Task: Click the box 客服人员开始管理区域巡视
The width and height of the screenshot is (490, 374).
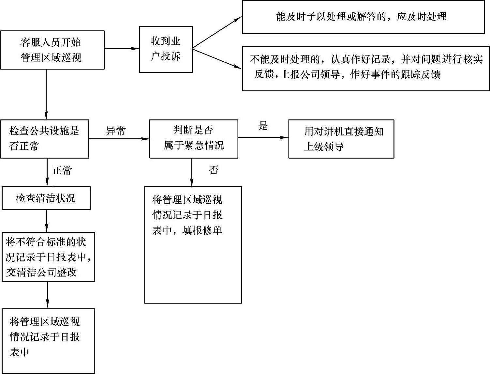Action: (52, 50)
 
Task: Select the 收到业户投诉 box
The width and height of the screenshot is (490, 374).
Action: (166, 49)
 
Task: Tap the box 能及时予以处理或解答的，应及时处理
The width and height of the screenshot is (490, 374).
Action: (363, 17)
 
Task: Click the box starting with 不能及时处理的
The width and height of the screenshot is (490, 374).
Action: (365, 68)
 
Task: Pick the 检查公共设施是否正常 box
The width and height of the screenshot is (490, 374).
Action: (44, 139)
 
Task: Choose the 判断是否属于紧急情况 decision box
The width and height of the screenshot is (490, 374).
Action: (194, 139)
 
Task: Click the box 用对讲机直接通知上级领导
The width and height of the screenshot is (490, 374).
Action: (341, 139)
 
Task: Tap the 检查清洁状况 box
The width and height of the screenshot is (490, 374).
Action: (46, 198)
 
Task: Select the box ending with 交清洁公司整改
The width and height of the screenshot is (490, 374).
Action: (48, 257)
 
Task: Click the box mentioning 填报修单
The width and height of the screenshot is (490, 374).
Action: (193, 245)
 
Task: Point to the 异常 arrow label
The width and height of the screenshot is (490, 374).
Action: (115, 131)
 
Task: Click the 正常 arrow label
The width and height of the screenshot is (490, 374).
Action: (62, 171)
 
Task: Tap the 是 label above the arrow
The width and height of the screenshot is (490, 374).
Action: (263, 126)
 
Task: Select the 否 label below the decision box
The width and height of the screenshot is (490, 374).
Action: (214, 170)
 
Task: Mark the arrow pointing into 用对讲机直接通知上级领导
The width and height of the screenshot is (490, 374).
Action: (263, 138)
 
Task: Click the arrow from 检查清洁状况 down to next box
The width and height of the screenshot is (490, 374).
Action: (47, 221)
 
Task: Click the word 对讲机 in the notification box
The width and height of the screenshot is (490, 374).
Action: (333, 132)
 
